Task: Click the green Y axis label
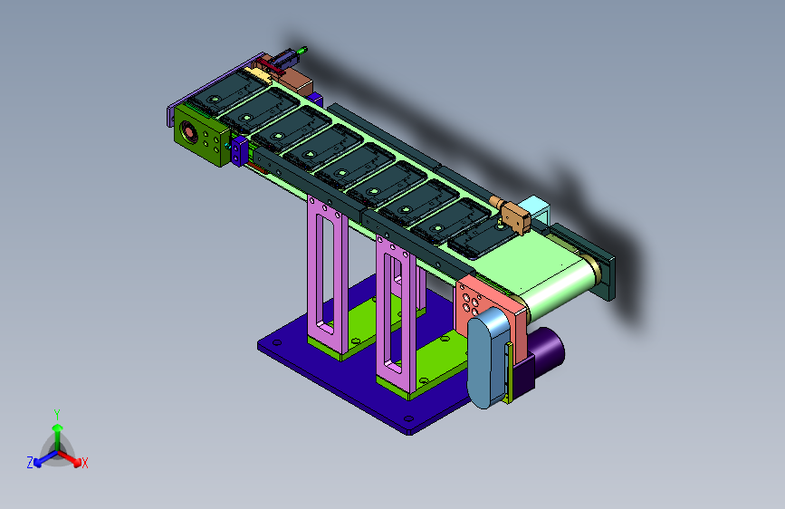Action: (57, 415)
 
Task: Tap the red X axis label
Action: (84, 464)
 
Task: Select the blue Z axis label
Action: (30, 463)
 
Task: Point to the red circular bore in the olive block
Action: (188, 132)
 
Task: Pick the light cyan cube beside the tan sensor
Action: (535, 208)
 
